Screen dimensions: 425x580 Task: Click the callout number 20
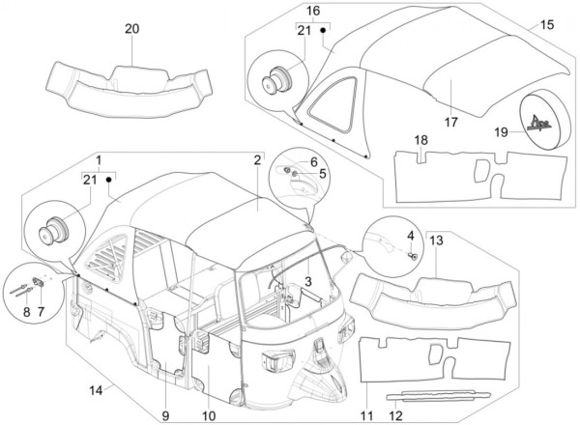(131, 28)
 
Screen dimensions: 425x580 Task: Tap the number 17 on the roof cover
(450, 122)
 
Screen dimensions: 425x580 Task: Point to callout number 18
(420, 141)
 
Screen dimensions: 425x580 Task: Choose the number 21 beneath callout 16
(304, 31)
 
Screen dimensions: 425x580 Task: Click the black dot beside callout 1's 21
(109, 180)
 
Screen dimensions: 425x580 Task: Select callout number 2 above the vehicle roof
(257, 159)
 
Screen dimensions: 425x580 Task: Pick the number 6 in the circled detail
(314, 161)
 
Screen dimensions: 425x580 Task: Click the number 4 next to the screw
(410, 235)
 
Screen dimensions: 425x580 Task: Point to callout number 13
(437, 240)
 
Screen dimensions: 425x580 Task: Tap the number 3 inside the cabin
(307, 280)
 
